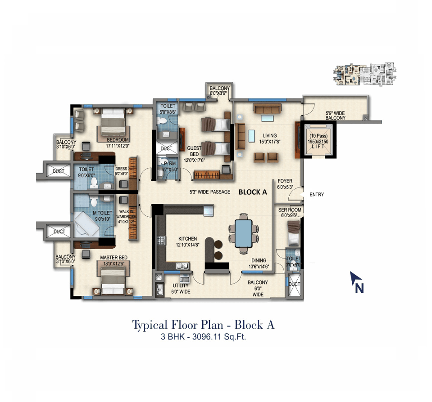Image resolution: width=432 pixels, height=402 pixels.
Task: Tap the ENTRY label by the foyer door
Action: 316,195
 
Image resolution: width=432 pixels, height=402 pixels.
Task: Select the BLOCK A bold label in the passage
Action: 253,192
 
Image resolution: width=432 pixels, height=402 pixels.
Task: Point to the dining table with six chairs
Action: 244,233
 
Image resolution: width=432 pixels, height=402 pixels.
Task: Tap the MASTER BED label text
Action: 114,258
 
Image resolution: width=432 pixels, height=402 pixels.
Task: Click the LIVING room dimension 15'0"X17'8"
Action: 270,142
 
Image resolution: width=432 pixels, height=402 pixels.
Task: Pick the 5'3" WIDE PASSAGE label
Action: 210,192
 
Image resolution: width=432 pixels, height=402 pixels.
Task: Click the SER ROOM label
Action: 290,210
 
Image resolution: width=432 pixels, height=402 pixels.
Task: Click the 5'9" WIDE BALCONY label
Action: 336,115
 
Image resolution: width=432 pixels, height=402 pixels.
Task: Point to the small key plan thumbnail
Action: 364,73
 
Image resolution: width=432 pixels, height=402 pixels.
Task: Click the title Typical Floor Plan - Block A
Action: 203,325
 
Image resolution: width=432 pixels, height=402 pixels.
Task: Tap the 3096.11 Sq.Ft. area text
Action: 220,337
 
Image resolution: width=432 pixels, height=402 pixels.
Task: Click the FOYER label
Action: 285,181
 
